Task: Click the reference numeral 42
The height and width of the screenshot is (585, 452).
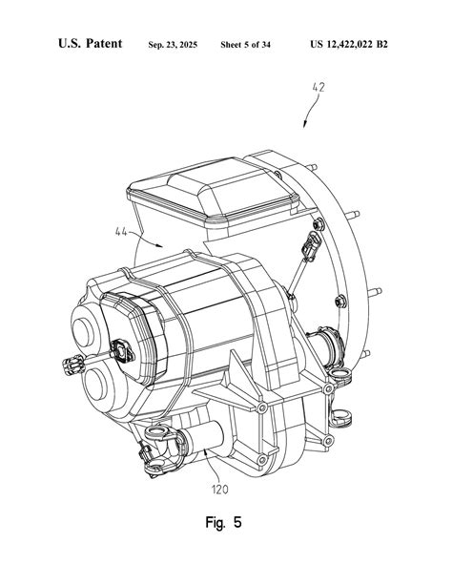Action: tap(318, 87)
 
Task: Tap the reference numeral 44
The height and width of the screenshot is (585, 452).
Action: tap(121, 232)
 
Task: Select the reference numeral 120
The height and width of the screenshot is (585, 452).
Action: tap(219, 490)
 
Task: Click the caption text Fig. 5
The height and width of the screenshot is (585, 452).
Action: tap(223, 522)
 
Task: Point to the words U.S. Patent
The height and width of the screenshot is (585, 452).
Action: tap(90, 43)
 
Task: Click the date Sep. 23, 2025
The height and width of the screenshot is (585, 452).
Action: tap(173, 45)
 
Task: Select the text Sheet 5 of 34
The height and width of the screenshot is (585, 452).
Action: tap(245, 45)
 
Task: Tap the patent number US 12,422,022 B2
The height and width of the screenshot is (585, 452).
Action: tap(349, 45)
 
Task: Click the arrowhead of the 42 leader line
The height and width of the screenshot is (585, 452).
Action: tap(305, 125)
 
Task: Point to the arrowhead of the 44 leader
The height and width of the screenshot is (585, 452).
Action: tap(159, 245)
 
